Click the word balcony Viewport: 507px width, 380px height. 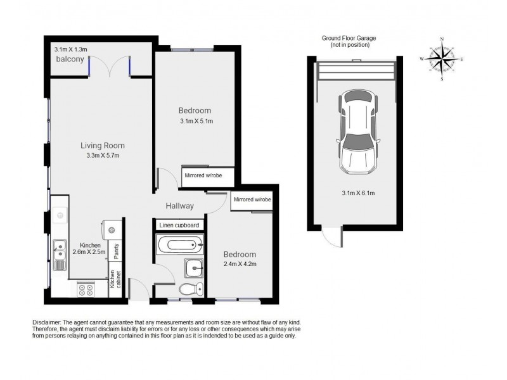70,60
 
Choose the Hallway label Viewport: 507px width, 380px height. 179,206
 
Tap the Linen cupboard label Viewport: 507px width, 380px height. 179,225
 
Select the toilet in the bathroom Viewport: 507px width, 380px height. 189,289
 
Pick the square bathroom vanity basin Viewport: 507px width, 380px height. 195,269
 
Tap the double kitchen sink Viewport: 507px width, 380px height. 60,254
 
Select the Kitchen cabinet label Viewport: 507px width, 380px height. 115,279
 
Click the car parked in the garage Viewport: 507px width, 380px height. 357,131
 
